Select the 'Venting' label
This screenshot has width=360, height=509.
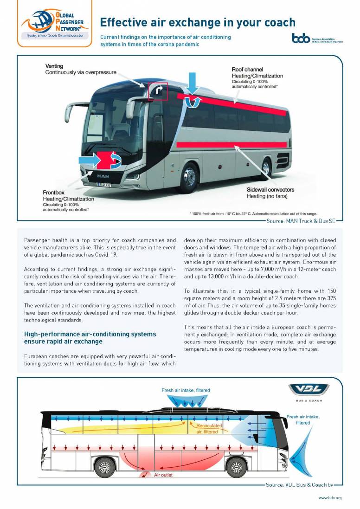point(54,66)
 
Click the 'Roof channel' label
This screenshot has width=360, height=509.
point(247,70)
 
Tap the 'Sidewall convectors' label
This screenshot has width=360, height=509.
point(270,190)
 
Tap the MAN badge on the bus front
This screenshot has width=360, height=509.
point(103,176)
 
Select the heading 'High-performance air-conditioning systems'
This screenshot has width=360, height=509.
point(90,334)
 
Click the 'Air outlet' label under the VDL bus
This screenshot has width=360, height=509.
point(163,475)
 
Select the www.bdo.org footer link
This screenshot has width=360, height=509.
point(330,498)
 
